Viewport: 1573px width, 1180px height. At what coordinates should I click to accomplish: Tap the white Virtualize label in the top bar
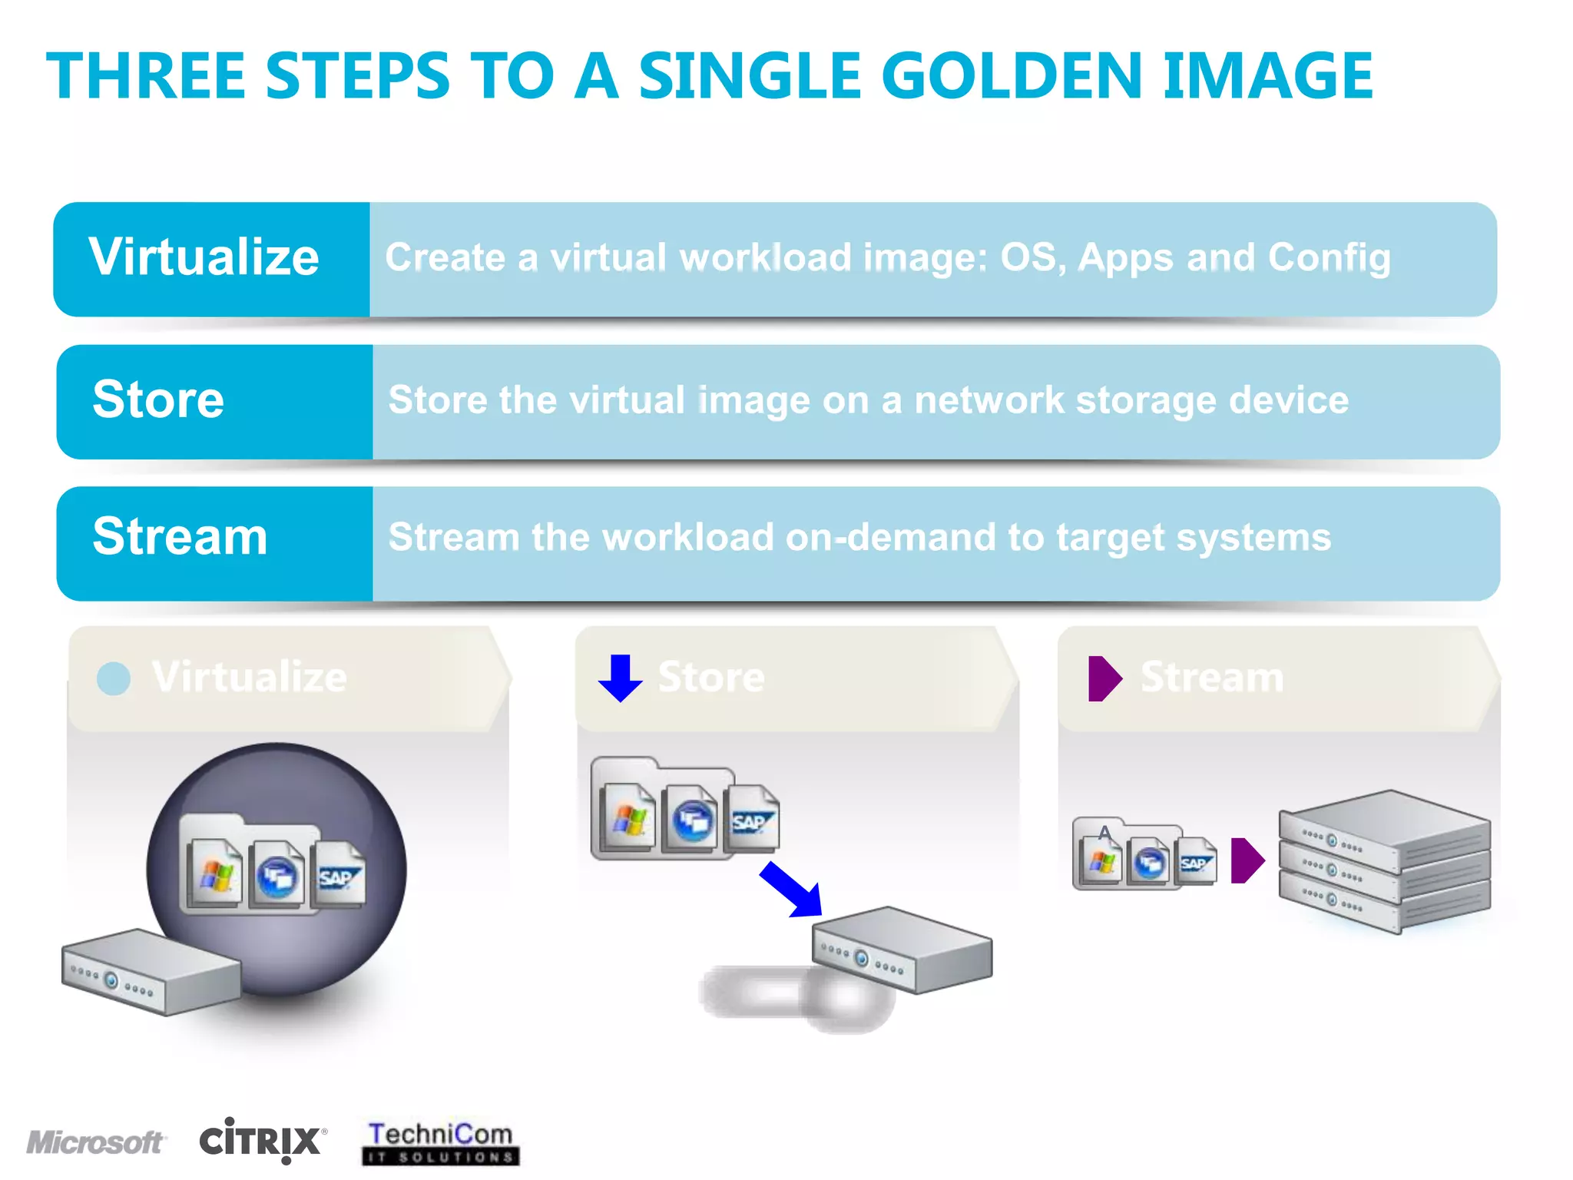click(x=204, y=257)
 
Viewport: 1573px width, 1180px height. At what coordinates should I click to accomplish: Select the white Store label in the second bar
click(x=158, y=399)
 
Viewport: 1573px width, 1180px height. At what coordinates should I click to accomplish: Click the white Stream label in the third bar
click(x=180, y=536)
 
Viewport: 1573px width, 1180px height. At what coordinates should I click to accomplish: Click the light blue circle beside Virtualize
click(x=114, y=678)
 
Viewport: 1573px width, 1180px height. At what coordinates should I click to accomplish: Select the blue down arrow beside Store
click(x=620, y=678)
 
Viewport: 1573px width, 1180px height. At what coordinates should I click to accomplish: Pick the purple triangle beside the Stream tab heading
click(x=1104, y=678)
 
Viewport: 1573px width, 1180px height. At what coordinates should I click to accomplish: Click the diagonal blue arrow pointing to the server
click(x=792, y=890)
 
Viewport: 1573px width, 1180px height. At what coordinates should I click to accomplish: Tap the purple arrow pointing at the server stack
click(x=1247, y=860)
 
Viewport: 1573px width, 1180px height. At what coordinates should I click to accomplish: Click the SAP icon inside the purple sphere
click(x=338, y=876)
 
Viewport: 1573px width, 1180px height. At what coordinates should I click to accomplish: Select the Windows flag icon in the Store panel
click(x=629, y=818)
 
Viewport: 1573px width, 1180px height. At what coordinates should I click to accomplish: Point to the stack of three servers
click(x=1384, y=860)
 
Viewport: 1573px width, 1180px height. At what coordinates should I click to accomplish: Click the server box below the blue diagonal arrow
click(x=902, y=950)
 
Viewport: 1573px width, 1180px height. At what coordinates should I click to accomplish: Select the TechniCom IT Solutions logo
click(x=441, y=1142)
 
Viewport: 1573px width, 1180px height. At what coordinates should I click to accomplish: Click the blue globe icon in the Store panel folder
click(x=691, y=820)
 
